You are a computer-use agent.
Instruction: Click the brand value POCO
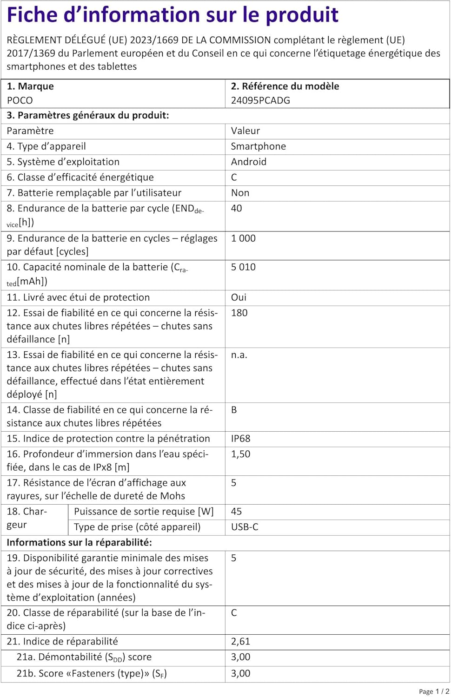(x=20, y=100)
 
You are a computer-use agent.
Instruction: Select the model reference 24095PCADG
(x=260, y=100)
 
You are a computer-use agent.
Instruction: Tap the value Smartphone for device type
(x=259, y=146)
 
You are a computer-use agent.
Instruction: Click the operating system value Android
(x=249, y=162)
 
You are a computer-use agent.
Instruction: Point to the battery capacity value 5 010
(x=243, y=267)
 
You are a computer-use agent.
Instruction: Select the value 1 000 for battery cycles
(x=243, y=238)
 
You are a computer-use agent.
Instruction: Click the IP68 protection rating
(x=241, y=439)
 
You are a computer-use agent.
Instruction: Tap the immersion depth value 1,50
(x=241, y=454)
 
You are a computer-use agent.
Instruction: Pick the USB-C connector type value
(x=245, y=527)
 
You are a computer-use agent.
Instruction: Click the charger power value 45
(x=237, y=512)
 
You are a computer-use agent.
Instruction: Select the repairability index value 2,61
(x=241, y=642)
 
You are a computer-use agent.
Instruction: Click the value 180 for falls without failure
(x=239, y=313)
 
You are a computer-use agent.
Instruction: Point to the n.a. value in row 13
(x=239, y=355)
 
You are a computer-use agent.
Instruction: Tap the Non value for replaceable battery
(x=240, y=193)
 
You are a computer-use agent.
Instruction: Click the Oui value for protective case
(x=239, y=297)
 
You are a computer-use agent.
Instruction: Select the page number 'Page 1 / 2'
(x=434, y=691)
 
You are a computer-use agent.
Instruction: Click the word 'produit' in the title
(x=302, y=15)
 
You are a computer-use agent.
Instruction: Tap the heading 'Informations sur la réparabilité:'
(x=80, y=542)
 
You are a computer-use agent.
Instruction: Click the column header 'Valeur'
(x=245, y=131)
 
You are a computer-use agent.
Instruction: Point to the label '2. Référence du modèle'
(x=285, y=86)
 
